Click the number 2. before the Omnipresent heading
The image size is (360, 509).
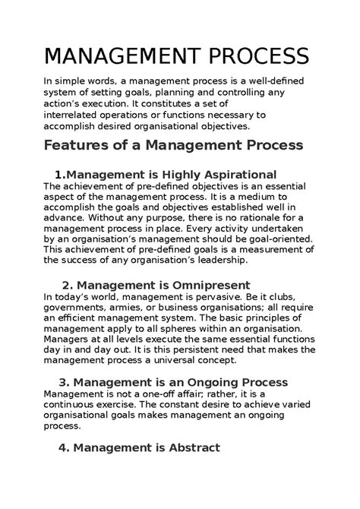[x=66, y=284]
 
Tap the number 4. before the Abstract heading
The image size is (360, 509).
[x=65, y=447]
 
